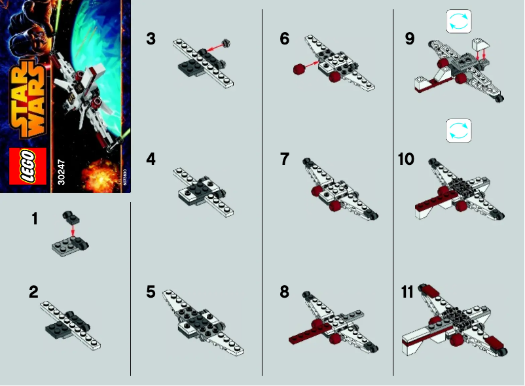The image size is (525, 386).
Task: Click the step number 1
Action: click(35, 220)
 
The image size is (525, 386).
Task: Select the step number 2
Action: click(34, 292)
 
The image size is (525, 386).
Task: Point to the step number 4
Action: click(151, 158)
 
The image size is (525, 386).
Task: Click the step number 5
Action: click(151, 292)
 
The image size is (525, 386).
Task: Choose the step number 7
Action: click(284, 158)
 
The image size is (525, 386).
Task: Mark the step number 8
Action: click(284, 292)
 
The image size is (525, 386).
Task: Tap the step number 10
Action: click(407, 158)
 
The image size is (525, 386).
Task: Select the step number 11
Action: click(407, 292)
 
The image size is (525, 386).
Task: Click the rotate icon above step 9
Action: click(458, 22)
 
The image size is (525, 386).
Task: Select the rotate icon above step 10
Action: click(458, 130)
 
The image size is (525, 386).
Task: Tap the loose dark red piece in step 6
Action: click(300, 68)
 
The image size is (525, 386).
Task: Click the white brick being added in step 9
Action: click(482, 45)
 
